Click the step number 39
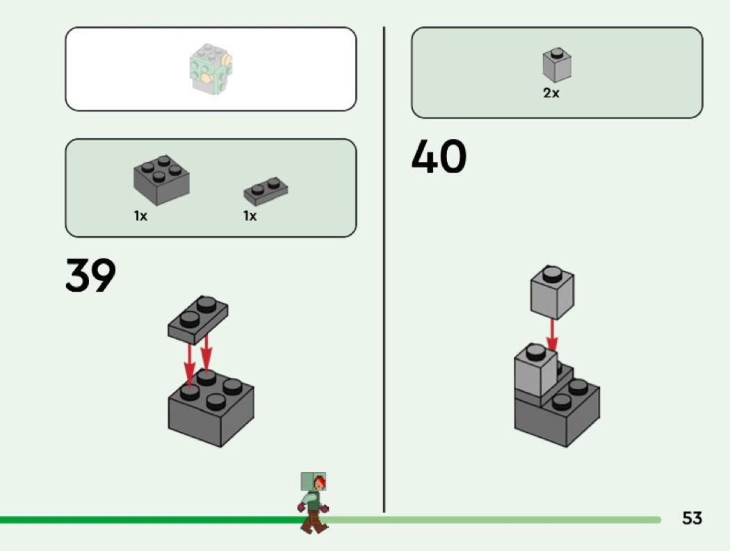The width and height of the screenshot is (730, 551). coord(90,276)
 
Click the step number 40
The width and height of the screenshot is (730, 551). coord(439,157)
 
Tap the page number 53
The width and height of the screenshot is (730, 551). coord(692,518)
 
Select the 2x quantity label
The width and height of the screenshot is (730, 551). coord(551,93)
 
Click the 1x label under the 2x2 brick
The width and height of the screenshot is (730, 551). coord(140,216)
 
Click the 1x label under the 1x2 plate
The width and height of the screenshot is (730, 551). coord(250,216)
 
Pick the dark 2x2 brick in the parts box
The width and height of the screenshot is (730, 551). coord(161,181)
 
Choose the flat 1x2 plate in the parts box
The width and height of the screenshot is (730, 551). coord(266,190)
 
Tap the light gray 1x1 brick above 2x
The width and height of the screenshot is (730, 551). coord(557,65)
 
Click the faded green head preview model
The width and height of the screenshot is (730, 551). coord(211,68)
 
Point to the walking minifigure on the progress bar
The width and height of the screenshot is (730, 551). coord(314,502)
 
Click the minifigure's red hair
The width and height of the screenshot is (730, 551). coord(320,482)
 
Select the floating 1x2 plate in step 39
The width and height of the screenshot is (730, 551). coord(198,319)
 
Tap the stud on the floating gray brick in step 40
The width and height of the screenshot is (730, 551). coord(553,272)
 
